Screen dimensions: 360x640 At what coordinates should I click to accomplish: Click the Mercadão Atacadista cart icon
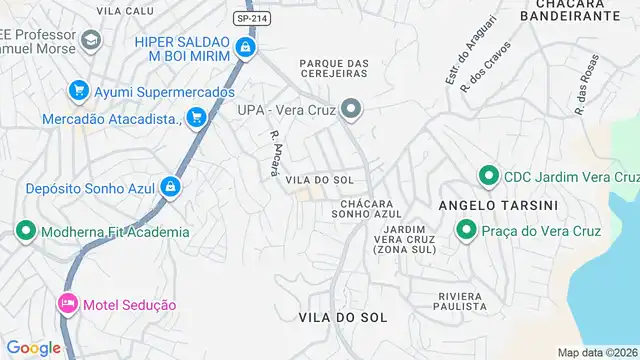coord(197,118)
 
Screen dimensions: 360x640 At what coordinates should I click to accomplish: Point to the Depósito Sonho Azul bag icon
coord(172,186)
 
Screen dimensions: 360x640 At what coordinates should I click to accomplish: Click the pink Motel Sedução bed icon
coord(68,304)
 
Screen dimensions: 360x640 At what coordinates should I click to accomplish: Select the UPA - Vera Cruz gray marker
coord(350,108)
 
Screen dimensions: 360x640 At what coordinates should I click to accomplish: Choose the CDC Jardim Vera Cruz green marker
coord(489,176)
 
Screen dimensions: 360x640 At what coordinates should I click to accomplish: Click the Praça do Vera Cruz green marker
coord(466,231)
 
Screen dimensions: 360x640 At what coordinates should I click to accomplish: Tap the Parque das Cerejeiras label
coord(334,70)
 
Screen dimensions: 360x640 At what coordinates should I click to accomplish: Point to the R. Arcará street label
coord(273,153)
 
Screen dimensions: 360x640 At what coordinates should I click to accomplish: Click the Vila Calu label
coord(126,10)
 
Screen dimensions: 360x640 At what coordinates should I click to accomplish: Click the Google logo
coord(33,348)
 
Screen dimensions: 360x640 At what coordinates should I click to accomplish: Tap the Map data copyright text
coord(597,352)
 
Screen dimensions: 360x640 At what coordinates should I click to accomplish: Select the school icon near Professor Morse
coord(91,40)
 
